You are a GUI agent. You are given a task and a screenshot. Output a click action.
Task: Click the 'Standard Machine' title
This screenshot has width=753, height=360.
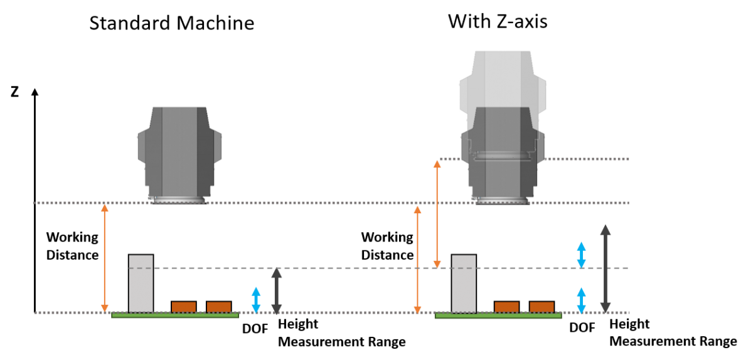[x=172, y=23]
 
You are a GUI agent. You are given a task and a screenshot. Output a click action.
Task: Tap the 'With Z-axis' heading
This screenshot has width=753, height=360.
[x=498, y=21]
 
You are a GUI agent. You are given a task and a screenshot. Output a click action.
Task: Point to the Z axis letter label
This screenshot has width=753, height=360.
[x=14, y=92]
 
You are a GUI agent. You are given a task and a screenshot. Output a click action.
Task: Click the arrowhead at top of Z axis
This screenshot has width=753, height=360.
[x=35, y=92]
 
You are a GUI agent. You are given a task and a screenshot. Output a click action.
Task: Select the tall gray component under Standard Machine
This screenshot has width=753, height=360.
[x=141, y=283]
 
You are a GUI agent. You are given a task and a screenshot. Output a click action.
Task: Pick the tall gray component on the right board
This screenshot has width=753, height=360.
[x=464, y=283]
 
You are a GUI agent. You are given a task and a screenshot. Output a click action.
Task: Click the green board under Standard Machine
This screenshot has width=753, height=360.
[x=175, y=315]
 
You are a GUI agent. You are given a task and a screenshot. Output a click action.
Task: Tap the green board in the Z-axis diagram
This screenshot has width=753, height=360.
[x=498, y=315]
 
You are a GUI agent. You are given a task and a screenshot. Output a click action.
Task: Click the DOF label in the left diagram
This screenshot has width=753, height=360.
[x=255, y=329]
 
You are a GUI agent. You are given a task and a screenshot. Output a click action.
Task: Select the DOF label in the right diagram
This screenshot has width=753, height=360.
[x=582, y=328]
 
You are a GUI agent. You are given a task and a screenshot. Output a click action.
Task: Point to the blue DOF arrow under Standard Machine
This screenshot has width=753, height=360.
[x=256, y=300]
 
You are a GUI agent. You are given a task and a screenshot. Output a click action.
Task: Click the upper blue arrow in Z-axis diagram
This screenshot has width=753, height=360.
[x=582, y=255]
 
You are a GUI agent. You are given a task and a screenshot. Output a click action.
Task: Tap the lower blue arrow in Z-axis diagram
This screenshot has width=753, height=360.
[x=582, y=300]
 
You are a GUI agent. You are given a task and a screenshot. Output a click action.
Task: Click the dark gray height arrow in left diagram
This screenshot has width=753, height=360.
[x=276, y=291]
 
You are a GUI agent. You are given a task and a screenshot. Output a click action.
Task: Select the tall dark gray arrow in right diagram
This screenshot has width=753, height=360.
[x=606, y=269]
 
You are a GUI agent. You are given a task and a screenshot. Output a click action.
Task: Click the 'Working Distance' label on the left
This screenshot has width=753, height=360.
[x=72, y=246]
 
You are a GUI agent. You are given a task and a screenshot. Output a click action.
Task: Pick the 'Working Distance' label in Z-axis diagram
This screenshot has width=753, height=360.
[x=387, y=246]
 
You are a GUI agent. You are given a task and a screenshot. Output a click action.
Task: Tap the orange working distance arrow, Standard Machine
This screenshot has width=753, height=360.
[x=105, y=258]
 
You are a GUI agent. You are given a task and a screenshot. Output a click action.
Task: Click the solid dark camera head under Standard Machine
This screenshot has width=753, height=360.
[x=179, y=156]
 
